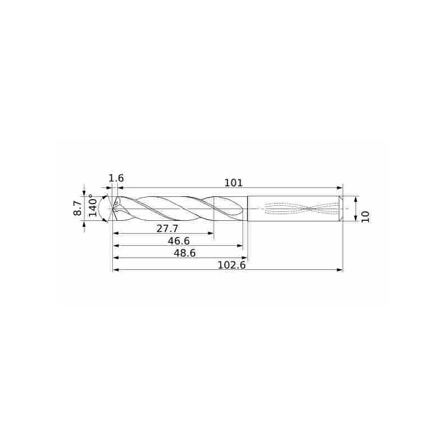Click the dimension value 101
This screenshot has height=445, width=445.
coord(233,182)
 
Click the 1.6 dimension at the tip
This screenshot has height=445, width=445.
coord(116,178)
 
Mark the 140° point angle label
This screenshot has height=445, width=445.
coord(93,205)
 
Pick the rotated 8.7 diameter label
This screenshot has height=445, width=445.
coord(78,209)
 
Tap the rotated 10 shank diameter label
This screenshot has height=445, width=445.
coord(365,216)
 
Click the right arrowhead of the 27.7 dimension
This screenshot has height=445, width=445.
coord(211,234)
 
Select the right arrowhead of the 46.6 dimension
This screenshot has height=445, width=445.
coord(240,246)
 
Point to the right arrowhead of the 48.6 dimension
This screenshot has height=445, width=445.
coord(244,258)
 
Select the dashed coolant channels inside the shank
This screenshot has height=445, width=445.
coord(300,209)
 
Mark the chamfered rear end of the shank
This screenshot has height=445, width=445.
coord(341,209)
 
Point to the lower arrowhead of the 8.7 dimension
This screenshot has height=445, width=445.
coord(84,225)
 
